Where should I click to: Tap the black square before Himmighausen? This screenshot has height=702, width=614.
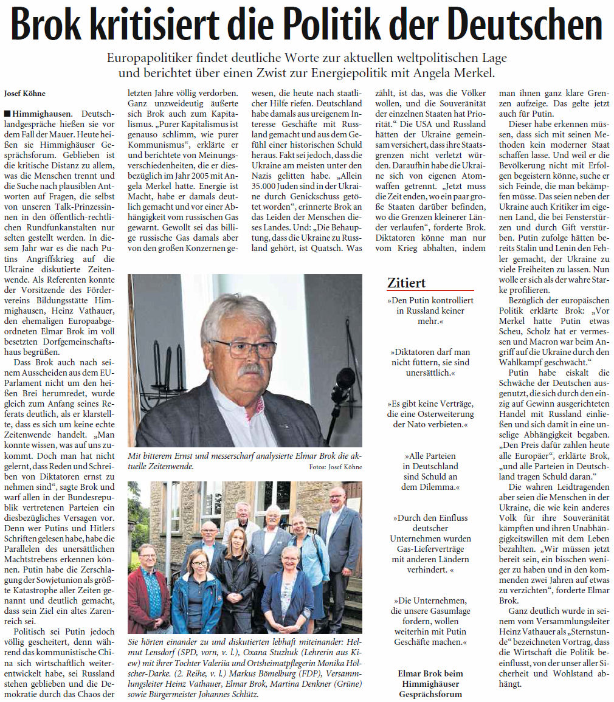[x=7, y=114]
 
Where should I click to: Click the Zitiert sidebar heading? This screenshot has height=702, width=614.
[x=407, y=283]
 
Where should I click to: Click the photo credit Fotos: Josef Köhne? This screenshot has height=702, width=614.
[x=335, y=467]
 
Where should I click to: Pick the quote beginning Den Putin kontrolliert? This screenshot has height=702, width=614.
[x=430, y=311]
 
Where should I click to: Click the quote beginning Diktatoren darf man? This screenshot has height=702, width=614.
[x=430, y=362]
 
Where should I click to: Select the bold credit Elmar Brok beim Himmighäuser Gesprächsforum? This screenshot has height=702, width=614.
[x=430, y=683]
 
